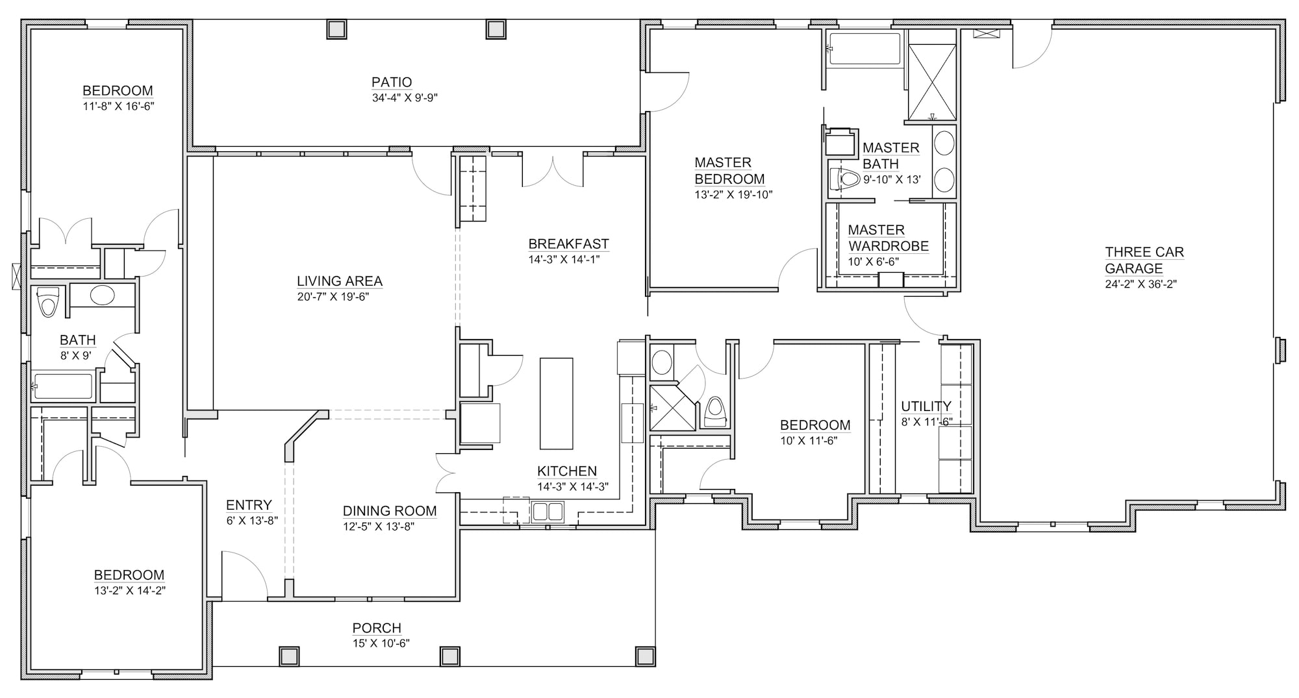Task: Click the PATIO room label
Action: point(392,82)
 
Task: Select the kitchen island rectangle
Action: point(557,403)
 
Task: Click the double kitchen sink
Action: point(548,512)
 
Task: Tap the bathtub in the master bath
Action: point(864,49)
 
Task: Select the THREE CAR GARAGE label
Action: point(1144,260)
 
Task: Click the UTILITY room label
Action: point(926,406)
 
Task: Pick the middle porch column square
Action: point(449,656)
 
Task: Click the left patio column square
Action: point(336,29)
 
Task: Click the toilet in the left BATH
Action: point(47,302)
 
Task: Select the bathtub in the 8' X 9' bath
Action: point(63,386)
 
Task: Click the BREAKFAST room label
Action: point(568,244)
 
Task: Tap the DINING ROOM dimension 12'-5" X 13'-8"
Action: point(379,527)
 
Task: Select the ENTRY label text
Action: point(249,505)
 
